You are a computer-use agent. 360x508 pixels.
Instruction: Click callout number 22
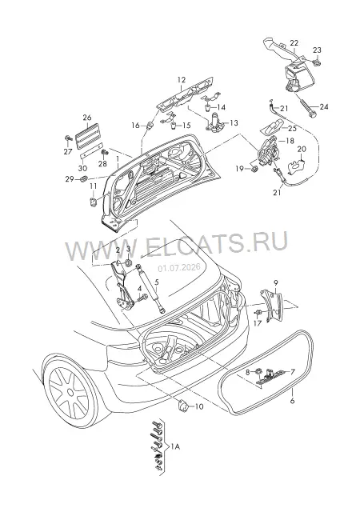coord(294,42)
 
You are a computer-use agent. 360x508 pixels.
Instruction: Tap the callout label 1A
coord(175,446)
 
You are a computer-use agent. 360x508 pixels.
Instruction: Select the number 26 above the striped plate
coord(87,118)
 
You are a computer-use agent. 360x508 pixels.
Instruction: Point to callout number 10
coord(199,406)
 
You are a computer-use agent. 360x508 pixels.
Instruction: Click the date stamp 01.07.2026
coord(179,268)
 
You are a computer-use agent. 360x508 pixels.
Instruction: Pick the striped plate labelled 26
coord(88,136)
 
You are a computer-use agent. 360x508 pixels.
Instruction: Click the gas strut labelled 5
coord(150,288)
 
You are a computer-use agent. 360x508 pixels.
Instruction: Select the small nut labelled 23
coord(318,62)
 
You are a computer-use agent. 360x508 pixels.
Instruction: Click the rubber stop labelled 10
coord(183,406)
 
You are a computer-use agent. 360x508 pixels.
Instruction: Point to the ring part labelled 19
coord(255,169)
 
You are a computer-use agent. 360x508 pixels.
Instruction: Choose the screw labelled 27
coord(68,138)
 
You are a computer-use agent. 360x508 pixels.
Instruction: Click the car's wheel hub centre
coord(70,393)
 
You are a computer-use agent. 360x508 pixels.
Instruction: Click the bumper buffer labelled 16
coord(150,125)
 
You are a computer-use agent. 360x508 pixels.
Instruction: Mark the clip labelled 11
coord(93,202)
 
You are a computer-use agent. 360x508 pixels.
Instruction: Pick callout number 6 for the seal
coord(292,401)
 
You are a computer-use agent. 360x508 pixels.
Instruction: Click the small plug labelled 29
coord(83,178)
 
